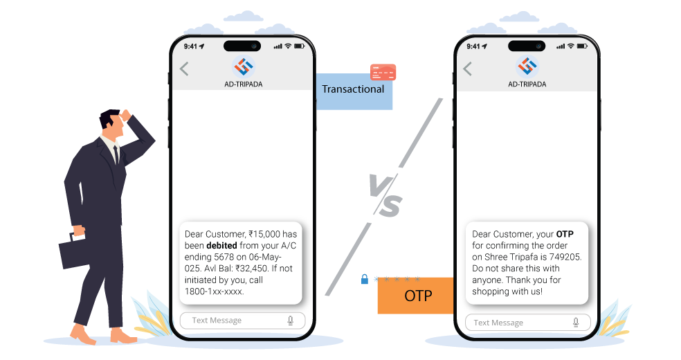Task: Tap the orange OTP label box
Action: [415, 296]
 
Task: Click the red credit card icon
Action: [383, 71]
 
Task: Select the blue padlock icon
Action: [364, 280]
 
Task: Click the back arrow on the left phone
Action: [184, 69]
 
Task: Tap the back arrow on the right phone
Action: [468, 69]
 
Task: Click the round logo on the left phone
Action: [244, 66]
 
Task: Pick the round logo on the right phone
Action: [528, 66]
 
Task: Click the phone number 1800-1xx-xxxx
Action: [214, 291]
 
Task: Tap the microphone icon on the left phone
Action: [291, 321]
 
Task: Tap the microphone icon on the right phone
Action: [575, 322]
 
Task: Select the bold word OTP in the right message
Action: [565, 234]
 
